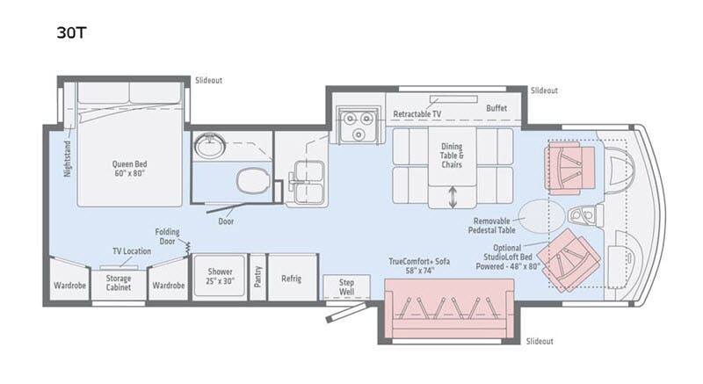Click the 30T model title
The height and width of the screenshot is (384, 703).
(x=71, y=33)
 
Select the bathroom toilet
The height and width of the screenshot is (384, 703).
(x=252, y=181)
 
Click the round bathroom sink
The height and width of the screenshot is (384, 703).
(x=210, y=145)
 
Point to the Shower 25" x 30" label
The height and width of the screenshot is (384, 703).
(x=221, y=276)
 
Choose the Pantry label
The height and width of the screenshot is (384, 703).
(x=257, y=277)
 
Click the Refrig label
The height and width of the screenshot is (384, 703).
(x=292, y=279)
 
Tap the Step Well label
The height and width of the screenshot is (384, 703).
(x=346, y=286)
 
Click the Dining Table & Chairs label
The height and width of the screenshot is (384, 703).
(x=452, y=156)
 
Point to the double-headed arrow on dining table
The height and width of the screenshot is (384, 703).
(x=453, y=197)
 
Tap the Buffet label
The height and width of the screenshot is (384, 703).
(x=496, y=108)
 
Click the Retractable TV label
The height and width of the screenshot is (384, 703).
(x=417, y=114)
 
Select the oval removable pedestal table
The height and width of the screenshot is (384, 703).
(x=540, y=216)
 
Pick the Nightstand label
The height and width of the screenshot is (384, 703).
(x=68, y=159)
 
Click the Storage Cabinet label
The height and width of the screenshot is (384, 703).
(x=119, y=283)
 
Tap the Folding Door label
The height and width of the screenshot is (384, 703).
(x=167, y=236)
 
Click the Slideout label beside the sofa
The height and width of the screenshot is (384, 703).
(x=540, y=342)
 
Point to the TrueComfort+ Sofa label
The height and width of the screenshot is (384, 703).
(x=420, y=265)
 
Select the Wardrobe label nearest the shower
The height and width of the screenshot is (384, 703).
(x=168, y=286)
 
